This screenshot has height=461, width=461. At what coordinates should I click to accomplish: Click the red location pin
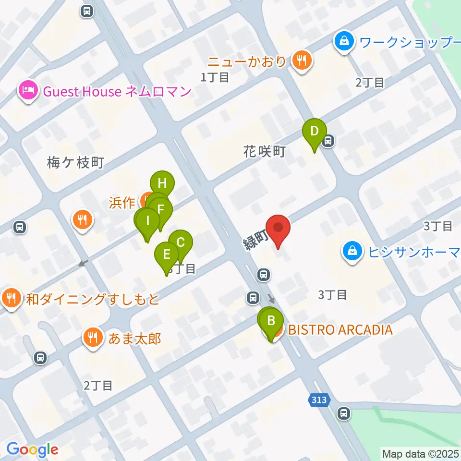point(279,228)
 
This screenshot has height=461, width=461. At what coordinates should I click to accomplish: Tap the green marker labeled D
point(315,131)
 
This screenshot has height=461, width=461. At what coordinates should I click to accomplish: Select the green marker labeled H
point(162,183)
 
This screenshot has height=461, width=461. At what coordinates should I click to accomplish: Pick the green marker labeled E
point(167,254)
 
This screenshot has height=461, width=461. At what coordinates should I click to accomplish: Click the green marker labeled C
point(181,242)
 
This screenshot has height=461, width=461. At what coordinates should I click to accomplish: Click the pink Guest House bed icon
point(28,90)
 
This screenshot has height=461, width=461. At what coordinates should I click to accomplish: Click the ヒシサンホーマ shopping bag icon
point(352,251)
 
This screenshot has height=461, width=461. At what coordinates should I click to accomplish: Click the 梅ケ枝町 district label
point(75,163)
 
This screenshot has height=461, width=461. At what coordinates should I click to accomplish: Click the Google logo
point(32,449)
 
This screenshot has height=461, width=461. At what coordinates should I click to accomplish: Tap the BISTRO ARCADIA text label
point(340,330)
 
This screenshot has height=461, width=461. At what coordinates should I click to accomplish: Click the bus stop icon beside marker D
point(329,141)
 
